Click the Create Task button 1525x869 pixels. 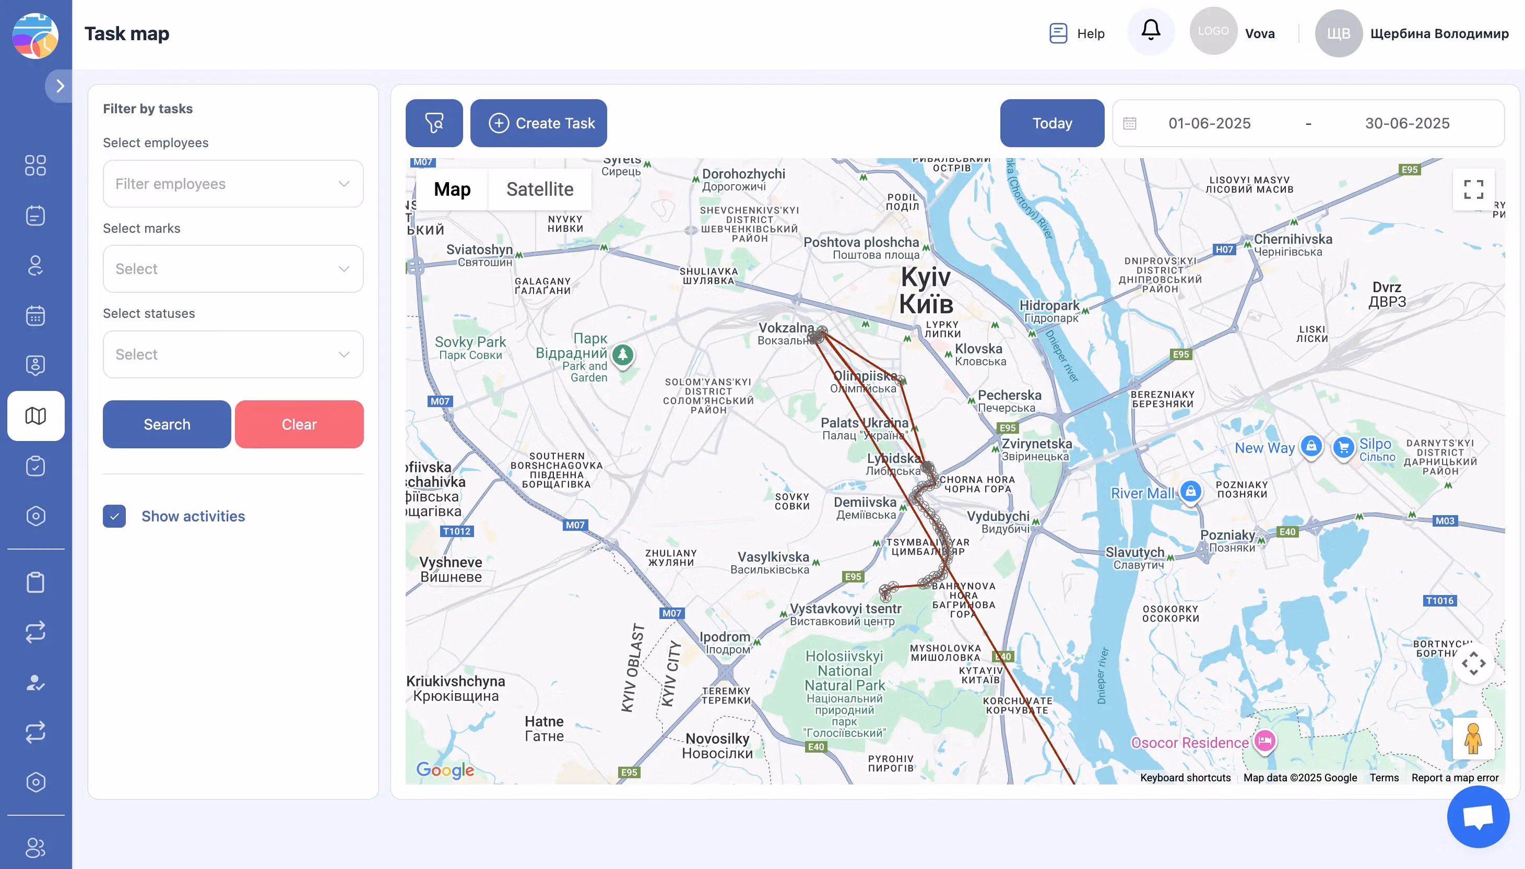[x=538, y=123]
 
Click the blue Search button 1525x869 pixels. [x=167, y=424]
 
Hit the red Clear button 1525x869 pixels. [x=299, y=424]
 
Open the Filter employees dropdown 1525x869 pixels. [x=233, y=184]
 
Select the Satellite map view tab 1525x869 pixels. [x=539, y=189]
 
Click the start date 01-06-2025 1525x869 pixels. [x=1209, y=123]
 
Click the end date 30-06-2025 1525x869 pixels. [x=1407, y=123]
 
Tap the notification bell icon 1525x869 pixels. [x=1150, y=30]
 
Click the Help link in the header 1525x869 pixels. [x=1078, y=33]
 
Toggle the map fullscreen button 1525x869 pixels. [x=1473, y=189]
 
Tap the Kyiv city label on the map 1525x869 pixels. [x=926, y=290]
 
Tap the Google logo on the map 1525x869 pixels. [x=445, y=770]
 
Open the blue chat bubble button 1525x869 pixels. [x=1478, y=816]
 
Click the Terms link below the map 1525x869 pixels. [x=1384, y=778]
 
